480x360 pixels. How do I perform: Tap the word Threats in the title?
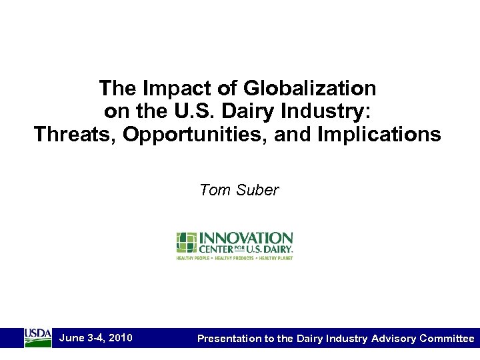point(76,135)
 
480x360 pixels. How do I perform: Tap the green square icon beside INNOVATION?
point(186,243)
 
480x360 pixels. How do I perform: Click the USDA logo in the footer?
point(38,337)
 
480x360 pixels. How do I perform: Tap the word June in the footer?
point(71,338)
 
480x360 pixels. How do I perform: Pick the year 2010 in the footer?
point(119,338)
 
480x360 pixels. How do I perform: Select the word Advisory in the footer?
point(392,339)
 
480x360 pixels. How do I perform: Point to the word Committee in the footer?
point(447,339)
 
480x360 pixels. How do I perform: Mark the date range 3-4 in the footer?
point(95,338)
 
